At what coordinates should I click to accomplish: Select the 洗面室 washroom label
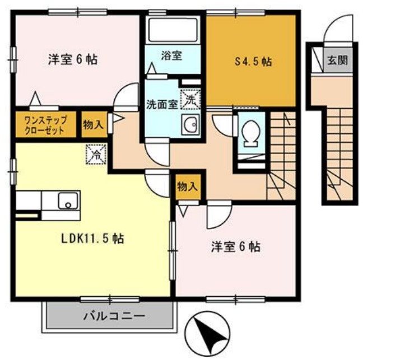(162, 104)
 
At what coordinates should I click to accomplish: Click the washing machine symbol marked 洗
(190, 101)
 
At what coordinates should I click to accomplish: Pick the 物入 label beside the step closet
(93, 124)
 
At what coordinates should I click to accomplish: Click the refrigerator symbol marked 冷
(96, 153)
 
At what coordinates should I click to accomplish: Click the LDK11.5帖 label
(93, 239)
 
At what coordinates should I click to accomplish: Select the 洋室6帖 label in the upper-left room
(73, 59)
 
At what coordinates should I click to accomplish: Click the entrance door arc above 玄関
(342, 29)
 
